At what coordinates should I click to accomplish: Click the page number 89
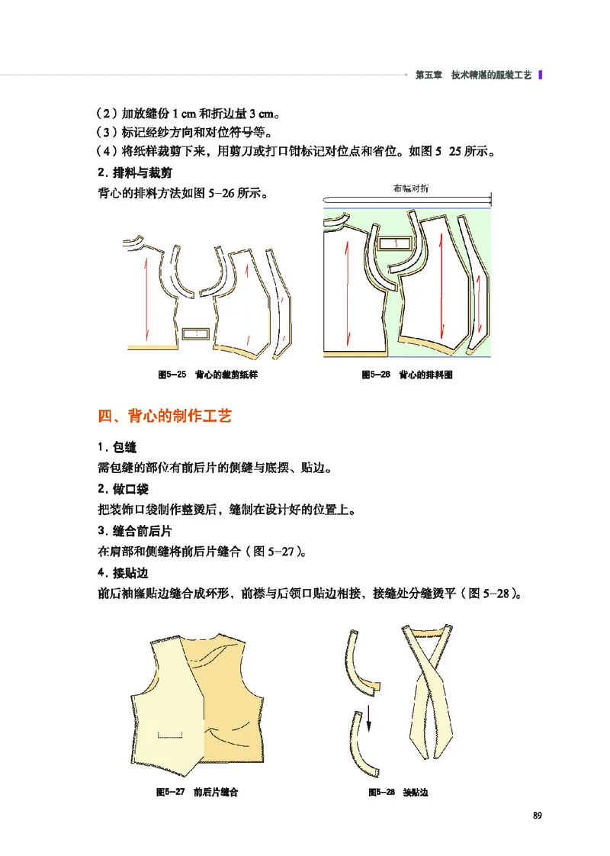click(537, 816)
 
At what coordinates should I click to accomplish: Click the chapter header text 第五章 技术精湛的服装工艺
click(472, 76)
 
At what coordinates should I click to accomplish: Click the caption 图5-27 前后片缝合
click(197, 793)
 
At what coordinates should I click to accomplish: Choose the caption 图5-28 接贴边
click(397, 793)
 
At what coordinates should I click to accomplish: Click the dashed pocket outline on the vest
click(172, 734)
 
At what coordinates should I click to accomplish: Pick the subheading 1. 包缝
click(117, 446)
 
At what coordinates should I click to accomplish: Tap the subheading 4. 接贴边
click(122, 572)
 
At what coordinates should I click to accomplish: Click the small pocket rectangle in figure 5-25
click(197, 334)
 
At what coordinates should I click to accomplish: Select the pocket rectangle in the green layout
click(394, 244)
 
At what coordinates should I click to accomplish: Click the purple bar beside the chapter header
click(541, 76)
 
